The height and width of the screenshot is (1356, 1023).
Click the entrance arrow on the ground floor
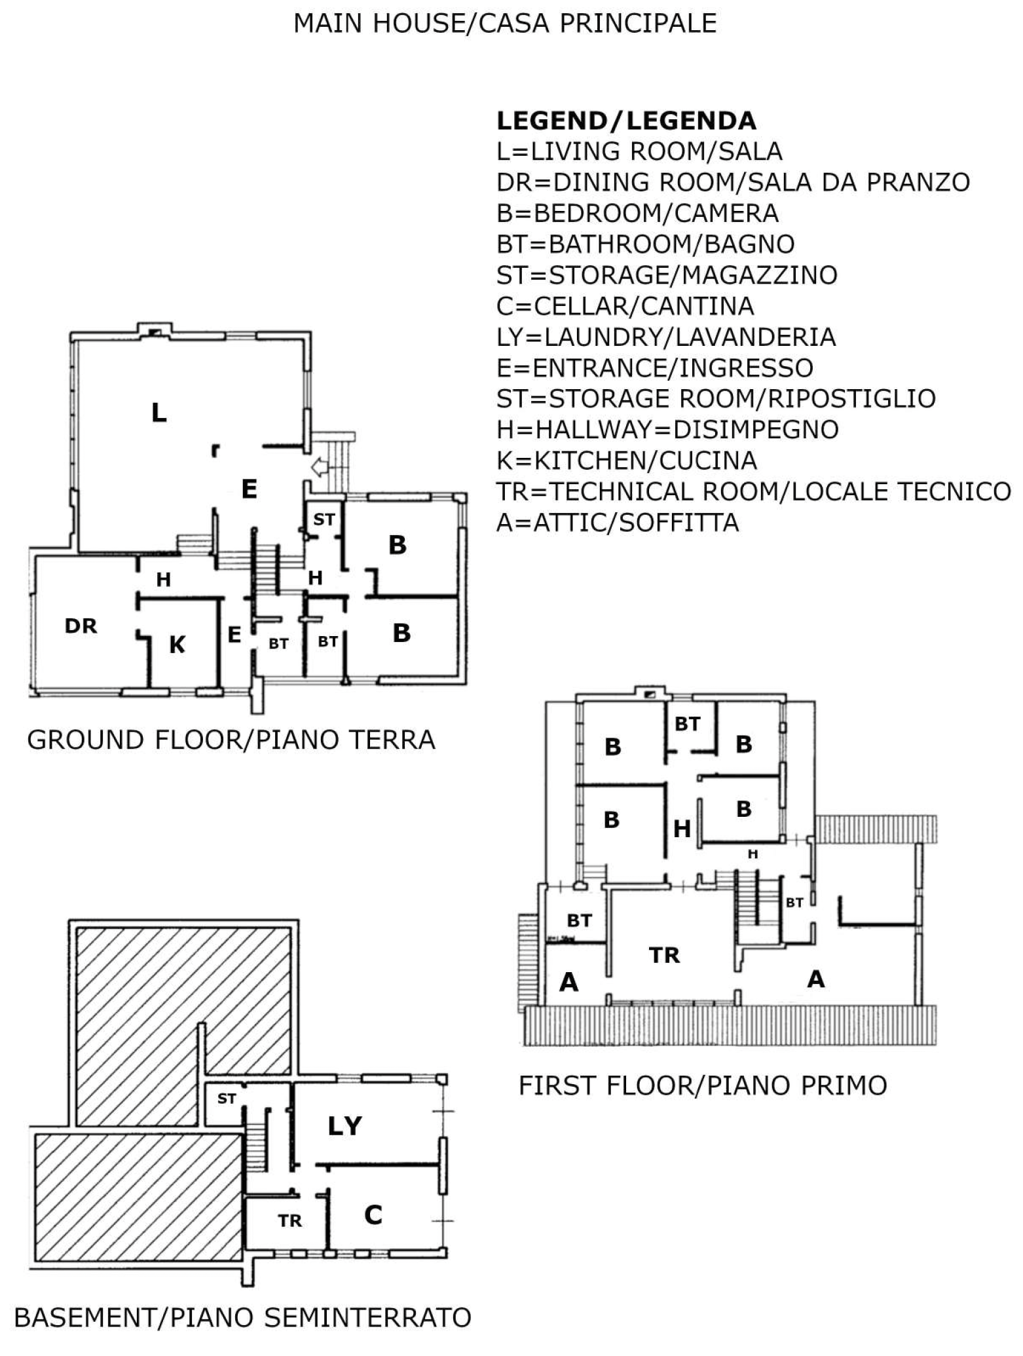(x=320, y=468)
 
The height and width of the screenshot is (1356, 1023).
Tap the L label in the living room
(x=159, y=413)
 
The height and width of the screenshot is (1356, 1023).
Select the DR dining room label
(x=81, y=626)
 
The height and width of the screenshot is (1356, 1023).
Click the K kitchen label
(x=177, y=645)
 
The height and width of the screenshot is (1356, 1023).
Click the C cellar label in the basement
(x=373, y=1215)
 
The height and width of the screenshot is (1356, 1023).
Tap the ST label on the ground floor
(x=324, y=519)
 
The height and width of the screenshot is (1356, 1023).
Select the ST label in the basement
(x=227, y=1099)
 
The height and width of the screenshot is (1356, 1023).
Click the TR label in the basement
(x=290, y=1220)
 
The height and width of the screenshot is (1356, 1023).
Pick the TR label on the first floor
(x=665, y=955)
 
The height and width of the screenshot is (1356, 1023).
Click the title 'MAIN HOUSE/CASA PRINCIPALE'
(x=505, y=24)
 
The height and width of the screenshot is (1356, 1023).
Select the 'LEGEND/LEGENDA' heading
(x=627, y=121)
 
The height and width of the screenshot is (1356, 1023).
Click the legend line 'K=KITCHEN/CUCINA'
(x=627, y=461)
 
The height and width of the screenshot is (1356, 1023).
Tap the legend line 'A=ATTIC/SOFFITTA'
(x=618, y=523)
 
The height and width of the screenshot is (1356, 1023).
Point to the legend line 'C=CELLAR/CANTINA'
(x=625, y=306)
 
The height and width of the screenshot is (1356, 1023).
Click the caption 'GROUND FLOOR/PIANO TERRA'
(x=231, y=740)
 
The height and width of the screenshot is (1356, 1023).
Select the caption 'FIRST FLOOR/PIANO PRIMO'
(x=703, y=1086)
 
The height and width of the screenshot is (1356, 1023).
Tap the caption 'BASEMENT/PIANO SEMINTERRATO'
(x=243, y=1318)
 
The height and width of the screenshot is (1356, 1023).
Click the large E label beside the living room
(x=249, y=489)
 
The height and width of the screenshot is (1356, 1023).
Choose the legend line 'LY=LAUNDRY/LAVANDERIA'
(x=667, y=337)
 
